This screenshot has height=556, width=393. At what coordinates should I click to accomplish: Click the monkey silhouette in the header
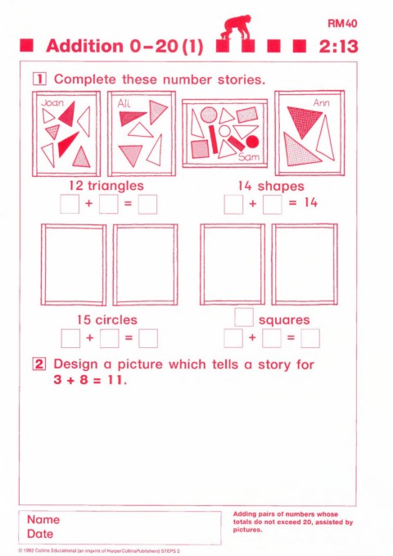(x=237, y=27)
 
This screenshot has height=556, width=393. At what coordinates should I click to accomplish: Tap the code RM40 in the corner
(x=342, y=24)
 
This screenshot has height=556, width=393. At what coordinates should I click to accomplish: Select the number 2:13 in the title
(x=338, y=47)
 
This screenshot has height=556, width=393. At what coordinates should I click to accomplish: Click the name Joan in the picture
(x=52, y=103)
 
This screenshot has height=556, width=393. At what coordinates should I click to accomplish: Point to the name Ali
(x=124, y=103)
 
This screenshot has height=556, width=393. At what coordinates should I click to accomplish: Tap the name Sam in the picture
(x=249, y=156)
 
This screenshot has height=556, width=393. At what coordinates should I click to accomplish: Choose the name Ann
(x=321, y=103)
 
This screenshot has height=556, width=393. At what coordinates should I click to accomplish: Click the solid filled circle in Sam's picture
(x=252, y=142)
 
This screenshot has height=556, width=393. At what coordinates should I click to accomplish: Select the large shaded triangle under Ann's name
(x=304, y=121)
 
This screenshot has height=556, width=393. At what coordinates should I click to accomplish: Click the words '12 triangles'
(x=106, y=185)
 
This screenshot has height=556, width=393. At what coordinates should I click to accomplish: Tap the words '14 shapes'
(x=271, y=186)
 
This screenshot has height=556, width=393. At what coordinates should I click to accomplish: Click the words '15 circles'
(x=107, y=320)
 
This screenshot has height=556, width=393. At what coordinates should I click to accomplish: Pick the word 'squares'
(x=284, y=320)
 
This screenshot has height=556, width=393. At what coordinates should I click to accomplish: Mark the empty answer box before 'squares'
(x=244, y=318)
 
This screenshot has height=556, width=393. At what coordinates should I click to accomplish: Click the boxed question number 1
(x=39, y=79)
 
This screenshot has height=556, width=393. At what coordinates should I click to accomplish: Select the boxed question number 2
(x=39, y=364)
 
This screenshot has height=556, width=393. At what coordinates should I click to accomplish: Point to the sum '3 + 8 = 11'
(x=90, y=380)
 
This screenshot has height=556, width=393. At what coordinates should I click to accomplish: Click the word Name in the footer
(x=43, y=519)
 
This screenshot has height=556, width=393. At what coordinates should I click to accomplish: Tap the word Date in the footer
(x=40, y=534)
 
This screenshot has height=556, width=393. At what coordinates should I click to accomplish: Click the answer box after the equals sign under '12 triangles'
(x=147, y=205)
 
